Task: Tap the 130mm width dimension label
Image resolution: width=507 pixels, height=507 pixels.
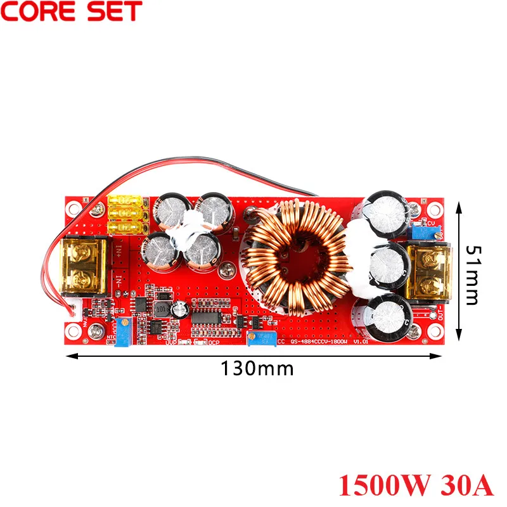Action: (x=257, y=368)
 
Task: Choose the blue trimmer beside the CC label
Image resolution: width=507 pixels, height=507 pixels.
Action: (x=262, y=340)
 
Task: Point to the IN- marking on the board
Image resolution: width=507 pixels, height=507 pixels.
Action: (x=119, y=279)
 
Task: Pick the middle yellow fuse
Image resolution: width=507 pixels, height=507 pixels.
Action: (x=127, y=214)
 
